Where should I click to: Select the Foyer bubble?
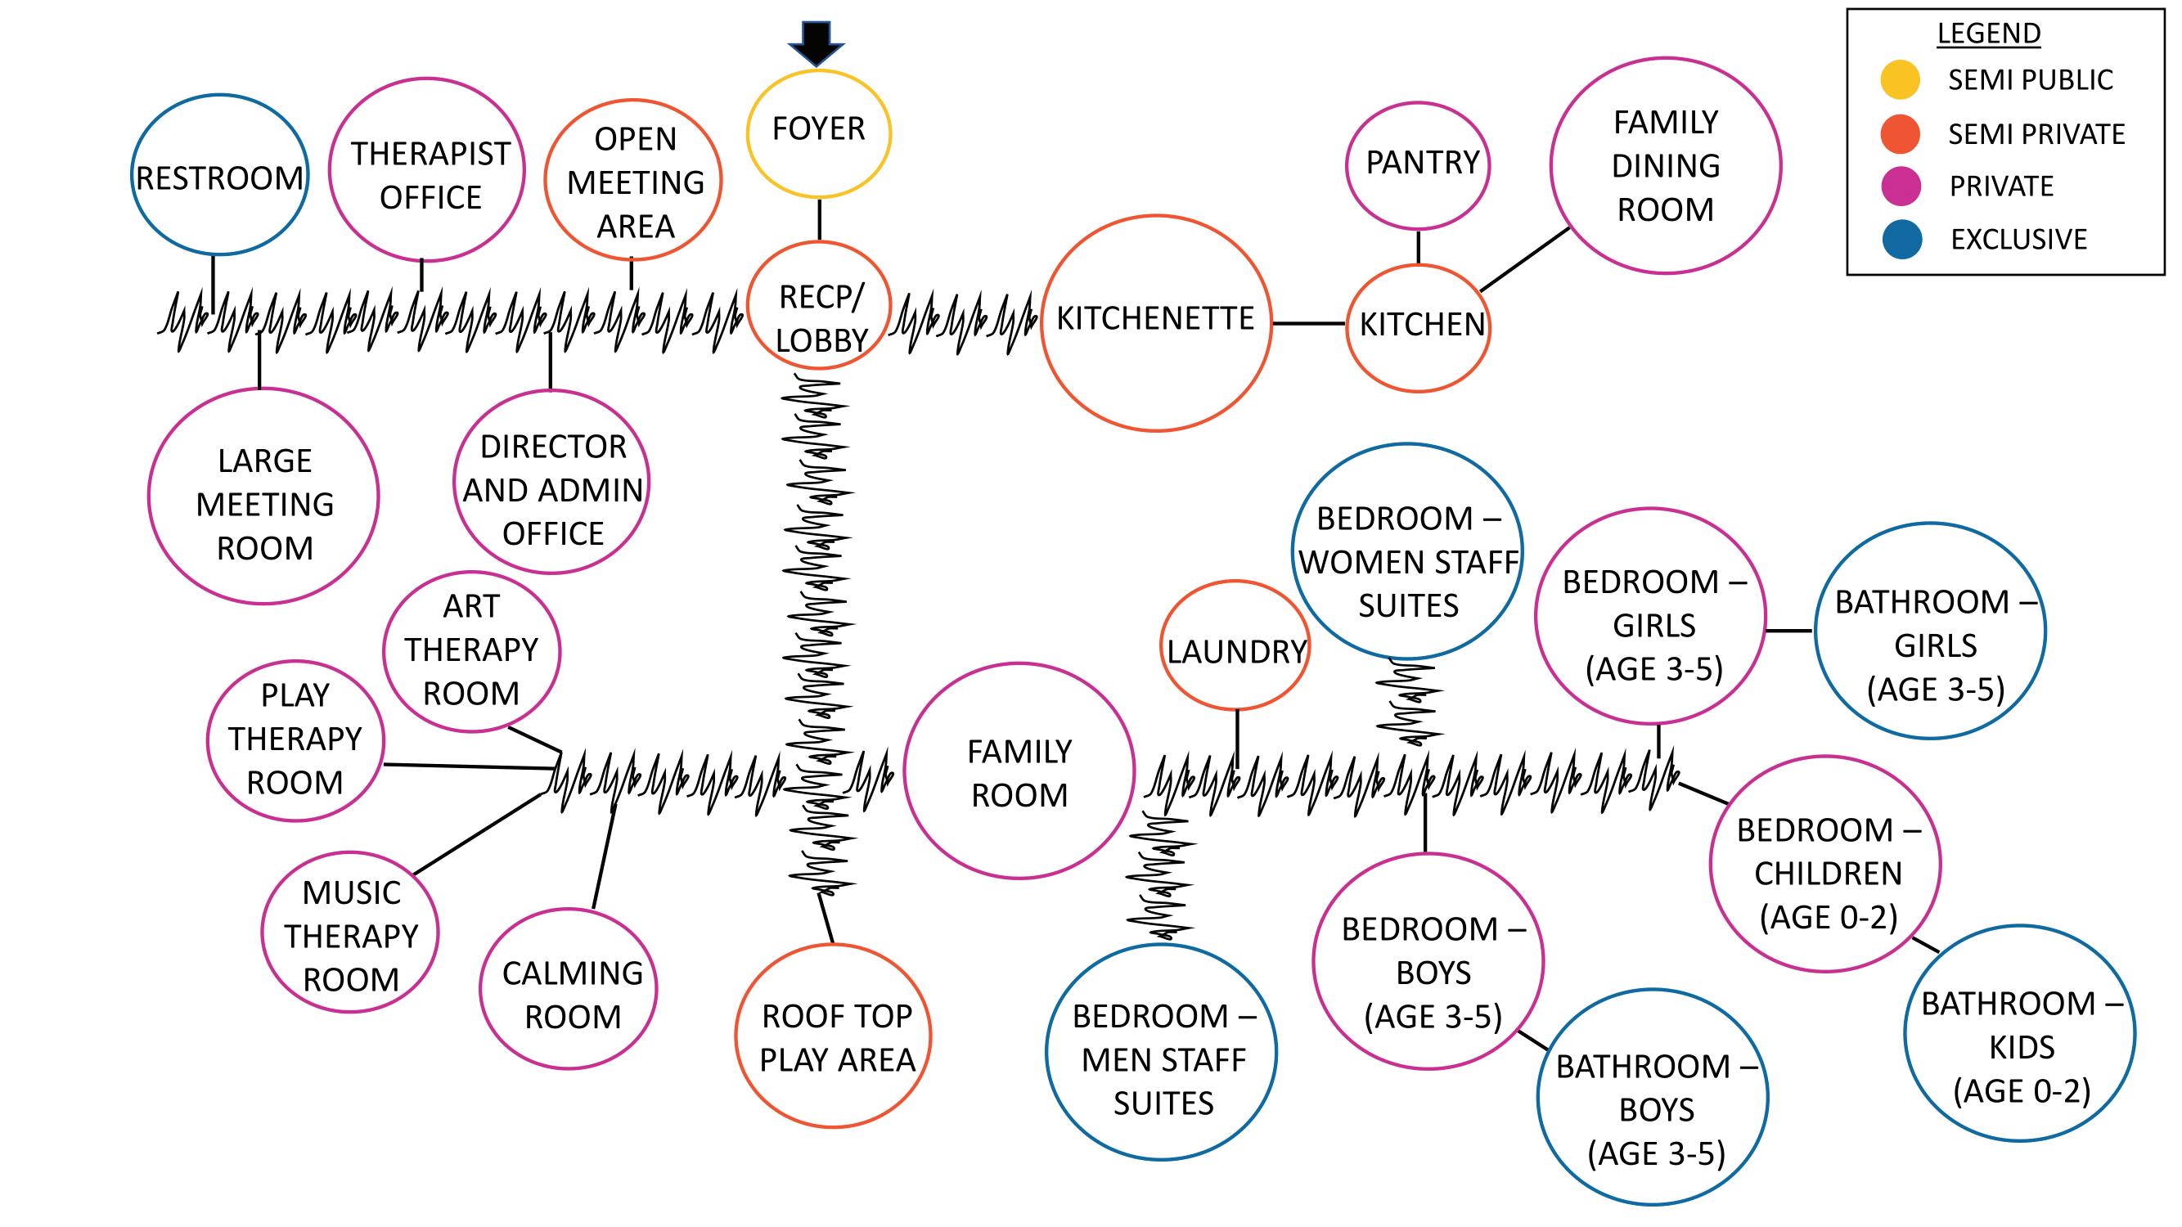coord(818,133)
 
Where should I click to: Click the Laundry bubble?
coord(1235,646)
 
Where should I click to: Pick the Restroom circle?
coord(219,174)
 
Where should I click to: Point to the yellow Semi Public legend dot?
coord(1900,79)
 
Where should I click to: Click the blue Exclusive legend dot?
coord(1901,240)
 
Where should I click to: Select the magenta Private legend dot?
coord(1900,187)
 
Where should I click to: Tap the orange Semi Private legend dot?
coord(1900,134)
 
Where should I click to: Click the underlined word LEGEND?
coord(1989,33)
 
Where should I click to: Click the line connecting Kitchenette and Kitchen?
coord(1309,323)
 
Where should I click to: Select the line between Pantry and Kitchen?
coord(1419,247)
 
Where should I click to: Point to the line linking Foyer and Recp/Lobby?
coord(819,219)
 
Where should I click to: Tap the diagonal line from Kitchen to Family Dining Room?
coord(1525,259)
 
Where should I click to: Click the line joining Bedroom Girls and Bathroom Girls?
coord(1789,631)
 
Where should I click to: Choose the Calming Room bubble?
coord(569,989)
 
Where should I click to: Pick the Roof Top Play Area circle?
coord(835,1036)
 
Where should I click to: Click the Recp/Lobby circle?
coord(819,305)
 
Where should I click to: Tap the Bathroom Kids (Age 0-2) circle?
coord(2020,1034)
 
